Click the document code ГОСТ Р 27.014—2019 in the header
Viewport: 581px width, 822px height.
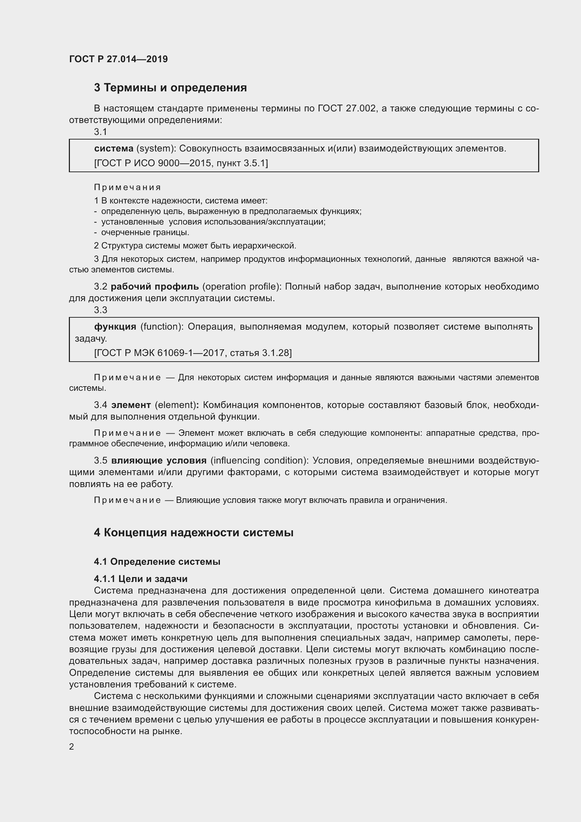click(118, 59)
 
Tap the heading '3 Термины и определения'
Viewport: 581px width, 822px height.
click(170, 88)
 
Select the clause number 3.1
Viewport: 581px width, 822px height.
click(100, 132)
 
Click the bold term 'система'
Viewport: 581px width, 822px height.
click(113, 148)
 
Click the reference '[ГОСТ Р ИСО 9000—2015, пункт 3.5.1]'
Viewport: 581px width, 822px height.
click(181, 163)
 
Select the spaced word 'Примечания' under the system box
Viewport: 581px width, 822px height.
click(128, 187)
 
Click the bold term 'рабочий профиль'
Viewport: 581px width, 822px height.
click(155, 286)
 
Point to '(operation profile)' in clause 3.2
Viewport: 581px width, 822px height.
click(241, 286)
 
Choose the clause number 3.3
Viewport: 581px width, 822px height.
click(100, 310)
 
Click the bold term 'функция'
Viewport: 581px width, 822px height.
click(115, 326)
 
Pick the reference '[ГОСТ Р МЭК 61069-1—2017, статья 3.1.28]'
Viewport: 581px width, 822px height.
click(193, 353)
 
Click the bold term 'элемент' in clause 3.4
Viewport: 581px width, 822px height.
click(131, 405)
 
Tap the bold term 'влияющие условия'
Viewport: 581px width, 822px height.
click(159, 460)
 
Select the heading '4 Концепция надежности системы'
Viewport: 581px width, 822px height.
click(194, 533)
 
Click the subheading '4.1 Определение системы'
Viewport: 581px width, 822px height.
click(157, 562)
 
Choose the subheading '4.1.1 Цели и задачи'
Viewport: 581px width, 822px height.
click(141, 579)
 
